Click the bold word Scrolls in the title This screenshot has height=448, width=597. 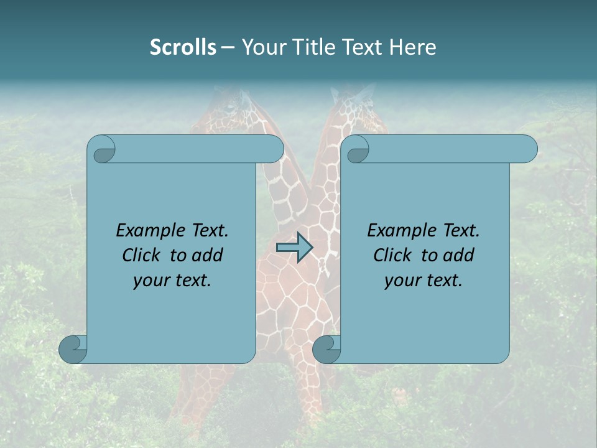click(x=183, y=47)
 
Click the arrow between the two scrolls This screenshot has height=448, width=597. click(x=294, y=248)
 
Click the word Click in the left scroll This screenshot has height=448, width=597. click(x=142, y=256)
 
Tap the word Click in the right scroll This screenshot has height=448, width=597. click(x=393, y=256)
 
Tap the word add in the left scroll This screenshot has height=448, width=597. click(x=207, y=256)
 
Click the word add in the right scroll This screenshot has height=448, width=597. click(x=458, y=256)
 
